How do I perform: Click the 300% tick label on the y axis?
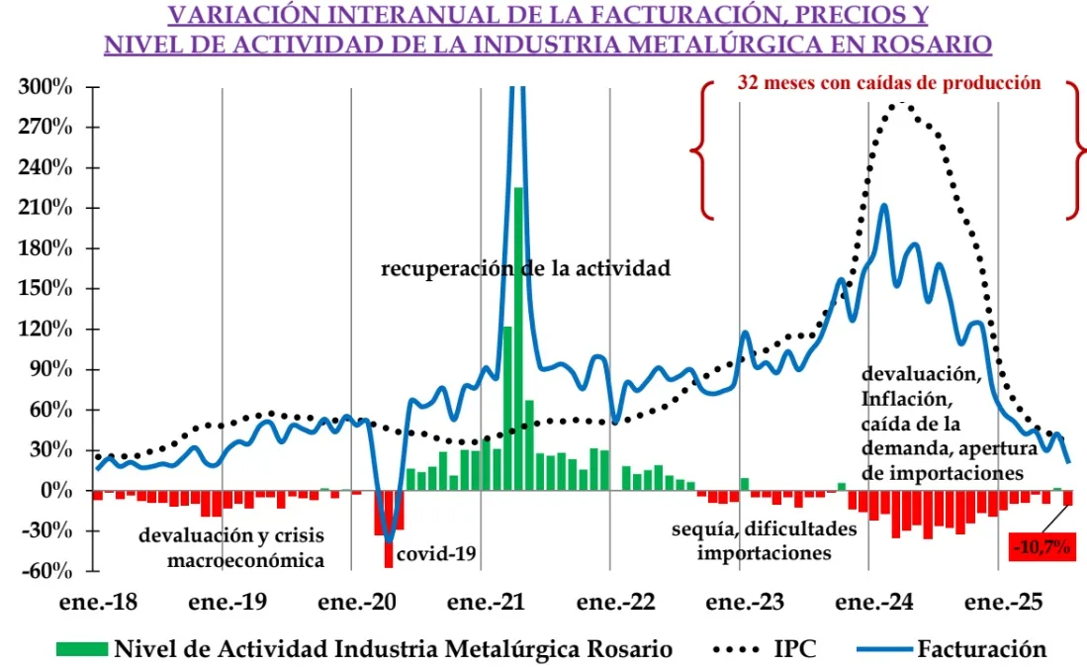(x=45, y=87)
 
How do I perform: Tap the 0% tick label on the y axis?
(x=55, y=491)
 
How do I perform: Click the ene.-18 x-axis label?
(x=96, y=602)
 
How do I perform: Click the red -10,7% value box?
(x=1042, y=546)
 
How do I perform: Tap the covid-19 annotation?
(x=436, y=554)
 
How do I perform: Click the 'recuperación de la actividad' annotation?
(x=526, y=267)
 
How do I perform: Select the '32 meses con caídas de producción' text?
(x=888, y=83)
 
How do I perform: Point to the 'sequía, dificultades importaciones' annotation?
(x=764, y=540)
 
